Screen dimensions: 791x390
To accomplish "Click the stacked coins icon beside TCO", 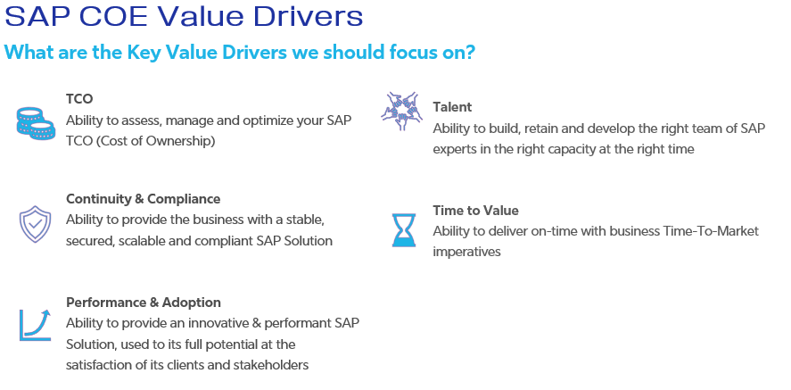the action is pyautogui.click(x=36, y=123).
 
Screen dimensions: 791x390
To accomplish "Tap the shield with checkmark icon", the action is pyautogui.click(x=35, y=224).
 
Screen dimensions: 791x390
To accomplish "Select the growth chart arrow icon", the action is pyautogui.click(x=36, y=325).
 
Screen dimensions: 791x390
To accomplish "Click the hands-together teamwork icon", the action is pyautogui.click(x=401, y=111).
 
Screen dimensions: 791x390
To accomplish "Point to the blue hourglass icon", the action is pyautogui.click(x=404, y=230).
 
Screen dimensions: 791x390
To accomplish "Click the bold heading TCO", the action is pyautogui.click(x=79, y=99).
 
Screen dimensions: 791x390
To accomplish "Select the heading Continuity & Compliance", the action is pyautogui.click(x=143, y=199).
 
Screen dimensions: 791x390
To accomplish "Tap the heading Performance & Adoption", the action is pyautogui.click(x=144, y=303).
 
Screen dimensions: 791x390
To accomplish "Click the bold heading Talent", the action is pyautogui.click(x=452, y=107).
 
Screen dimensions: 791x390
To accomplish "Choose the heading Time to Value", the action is pyautogui.click(x=475, y=211).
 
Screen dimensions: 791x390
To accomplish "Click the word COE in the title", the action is pyautogui.click(x=113, y=16).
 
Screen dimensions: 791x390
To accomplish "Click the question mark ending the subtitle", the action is pyautogui.click(x=469, y=52).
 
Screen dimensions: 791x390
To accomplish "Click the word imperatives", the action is pyautogui.click(x=466, y=252).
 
